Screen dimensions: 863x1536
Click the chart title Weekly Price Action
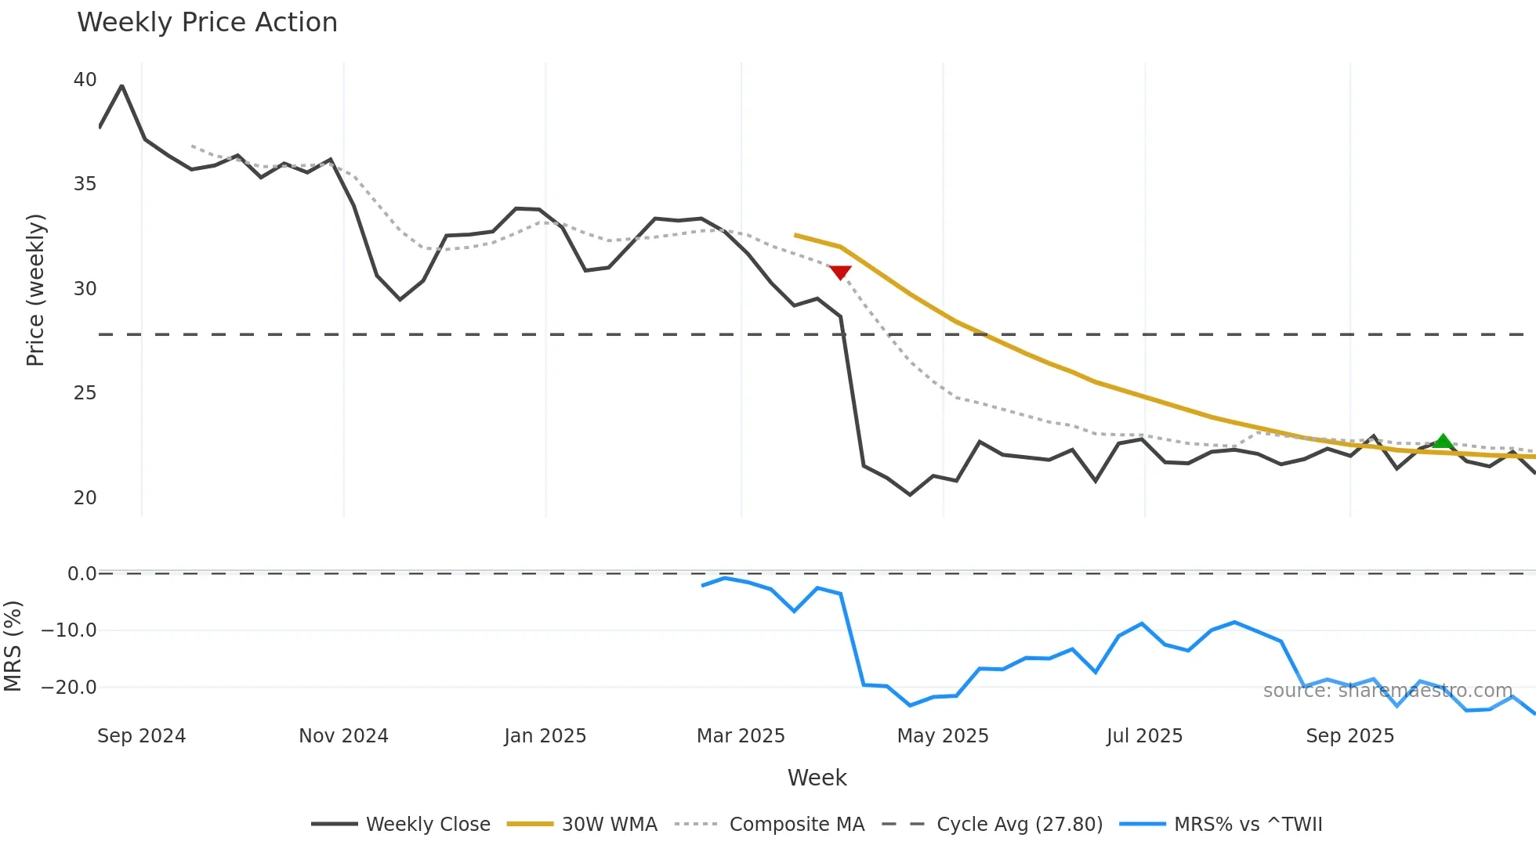click(207, 23)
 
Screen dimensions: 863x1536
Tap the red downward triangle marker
click(840, 273)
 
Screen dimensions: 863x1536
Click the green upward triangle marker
click(1443, 442)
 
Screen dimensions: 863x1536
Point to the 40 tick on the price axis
click(85, 80)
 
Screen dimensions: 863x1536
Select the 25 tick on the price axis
click(85, 393)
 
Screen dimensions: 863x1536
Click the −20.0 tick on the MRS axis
click(69, 688)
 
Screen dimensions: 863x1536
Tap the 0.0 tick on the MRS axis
click(82, 574)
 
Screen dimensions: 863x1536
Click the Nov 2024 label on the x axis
click(343, 736)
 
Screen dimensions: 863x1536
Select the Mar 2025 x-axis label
click(741, 736)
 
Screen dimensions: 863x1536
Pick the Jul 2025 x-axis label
click(1144, 736)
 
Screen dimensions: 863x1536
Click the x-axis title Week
click(817, 778)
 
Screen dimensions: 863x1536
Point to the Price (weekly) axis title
click(35, 290)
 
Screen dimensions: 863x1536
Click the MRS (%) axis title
click(13, 646)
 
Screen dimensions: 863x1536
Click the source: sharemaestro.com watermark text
click(1387, 691)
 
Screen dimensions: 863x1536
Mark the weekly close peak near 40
click(121, 86)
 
